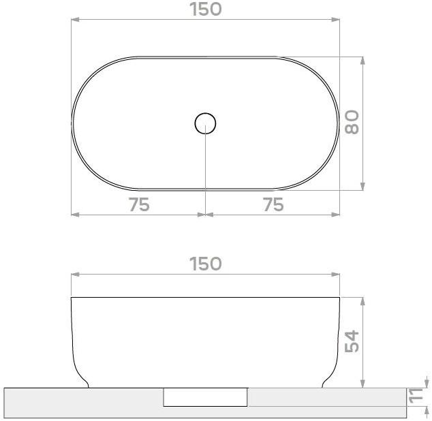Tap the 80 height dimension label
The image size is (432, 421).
tap(352, 123)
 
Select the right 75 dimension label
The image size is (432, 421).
tap(273, 204)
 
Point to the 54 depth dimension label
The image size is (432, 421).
tap(352, 342)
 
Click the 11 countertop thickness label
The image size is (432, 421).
tap(414, 396)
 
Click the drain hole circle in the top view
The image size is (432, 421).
tap(205, 123)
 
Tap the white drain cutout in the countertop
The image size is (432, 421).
tap(205, 396)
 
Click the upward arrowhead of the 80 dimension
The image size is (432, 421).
tap(363, 61)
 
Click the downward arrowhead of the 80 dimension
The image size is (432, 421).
tap(363, 185)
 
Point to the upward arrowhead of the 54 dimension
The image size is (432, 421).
tap(363, 302)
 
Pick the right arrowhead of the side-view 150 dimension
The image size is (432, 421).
tap(335, 275)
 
